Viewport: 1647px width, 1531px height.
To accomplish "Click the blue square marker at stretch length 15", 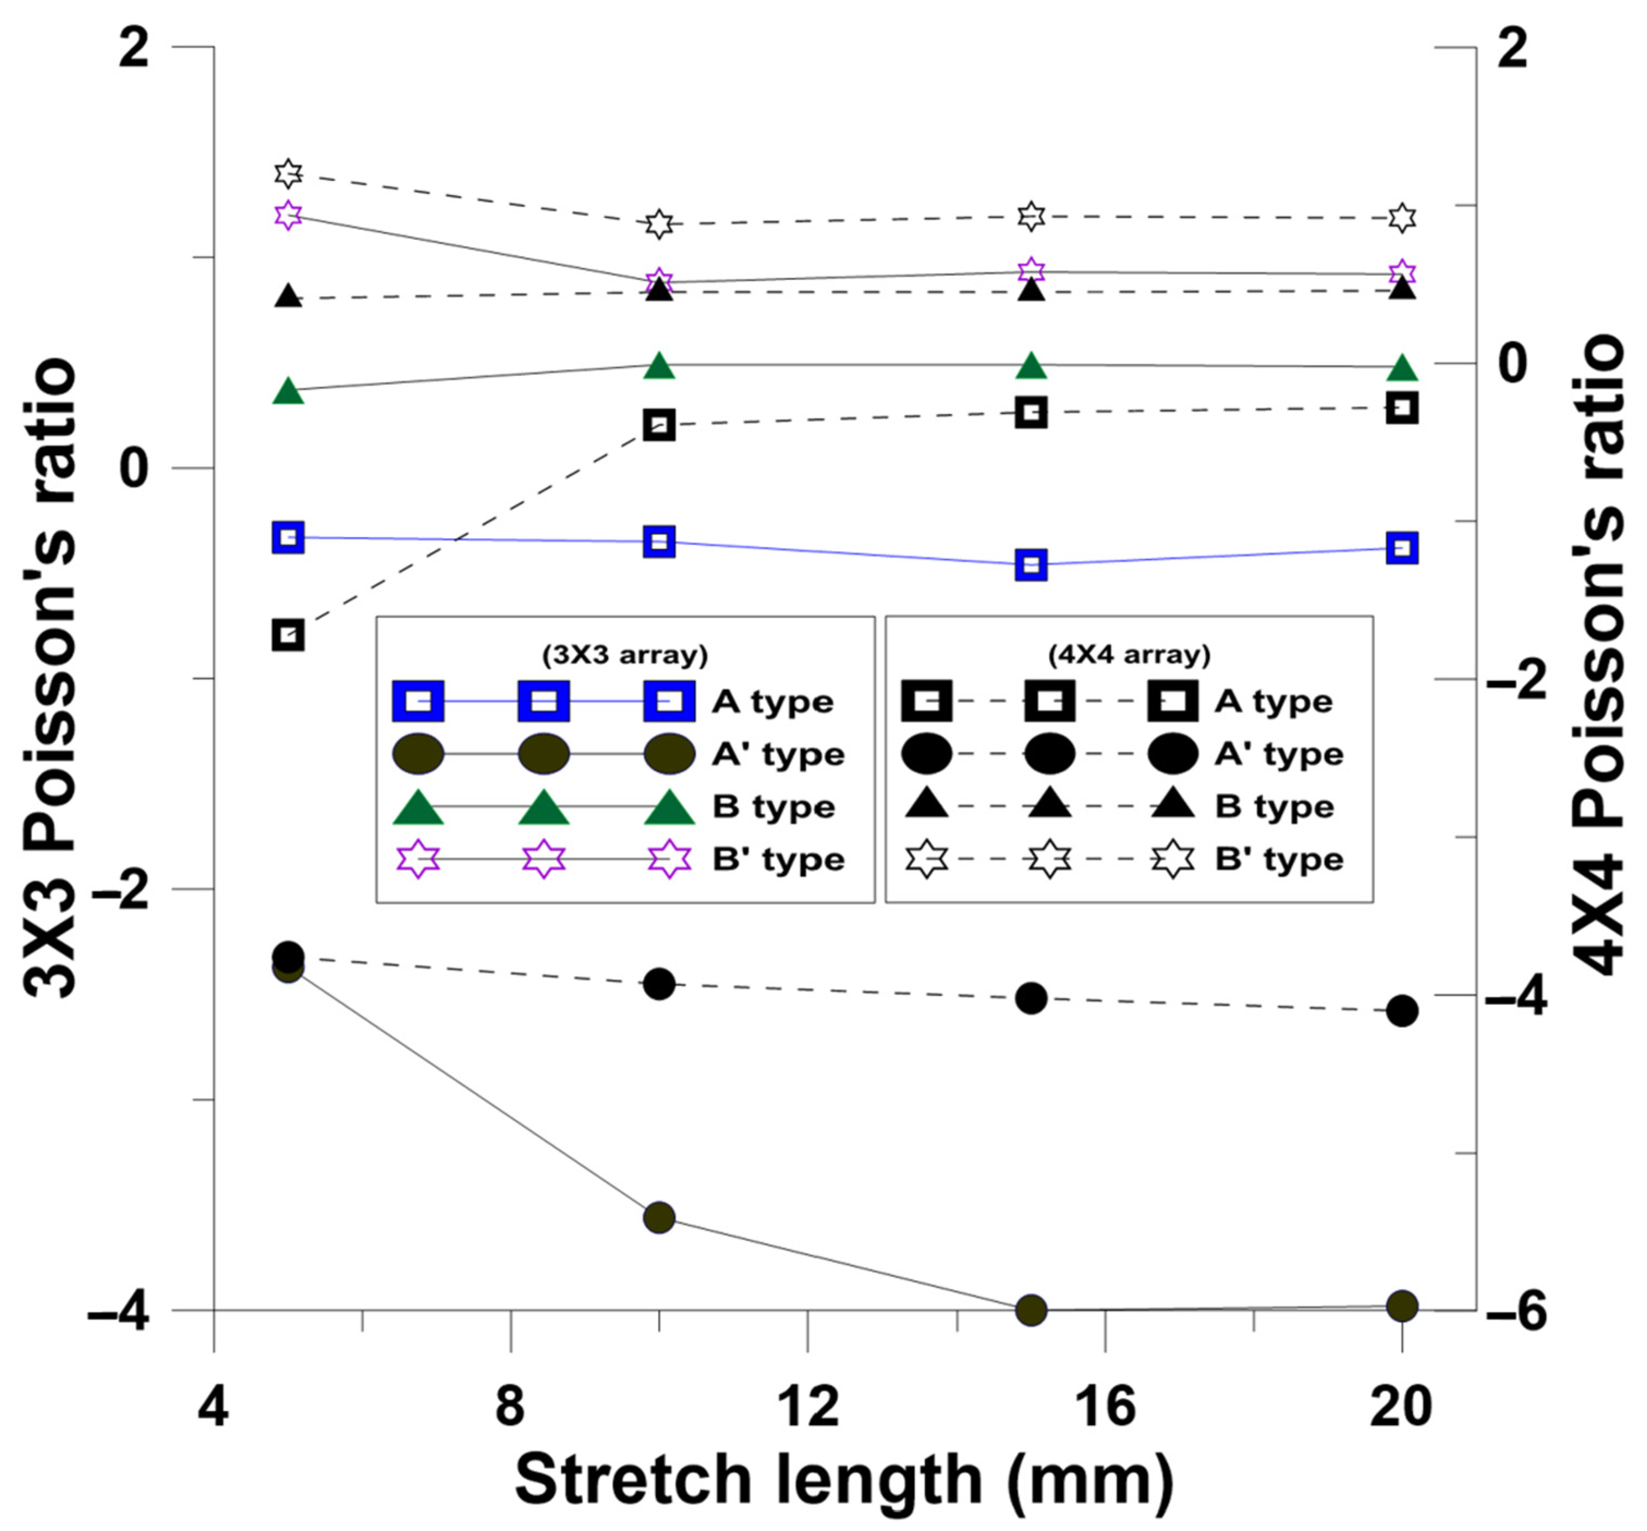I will tap(1030, 565).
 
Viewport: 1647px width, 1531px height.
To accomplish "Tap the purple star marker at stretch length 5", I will tap(288, 215).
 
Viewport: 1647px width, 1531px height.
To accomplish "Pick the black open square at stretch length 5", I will tap(288, 636).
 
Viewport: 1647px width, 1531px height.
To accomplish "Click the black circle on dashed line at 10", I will tap(658, 984).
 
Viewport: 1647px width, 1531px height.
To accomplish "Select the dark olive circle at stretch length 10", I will tap(658, 1217).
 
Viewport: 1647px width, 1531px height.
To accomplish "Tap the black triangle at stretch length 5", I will tap(288, 296).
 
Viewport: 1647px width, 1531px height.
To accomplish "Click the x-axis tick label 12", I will tap(808, 1406).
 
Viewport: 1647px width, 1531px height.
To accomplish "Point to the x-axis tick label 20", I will tap(1400, 1406).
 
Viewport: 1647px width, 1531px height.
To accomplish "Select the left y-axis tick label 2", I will tap(134, 51).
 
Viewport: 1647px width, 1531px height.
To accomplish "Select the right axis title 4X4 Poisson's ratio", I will tap(1597, 655).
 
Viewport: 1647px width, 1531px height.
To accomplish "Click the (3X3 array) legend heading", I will tap(625, 655).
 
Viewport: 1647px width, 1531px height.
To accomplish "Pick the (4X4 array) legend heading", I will tap(1128, 655).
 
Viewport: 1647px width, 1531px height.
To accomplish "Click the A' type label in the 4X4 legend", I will tap(1278, 754).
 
